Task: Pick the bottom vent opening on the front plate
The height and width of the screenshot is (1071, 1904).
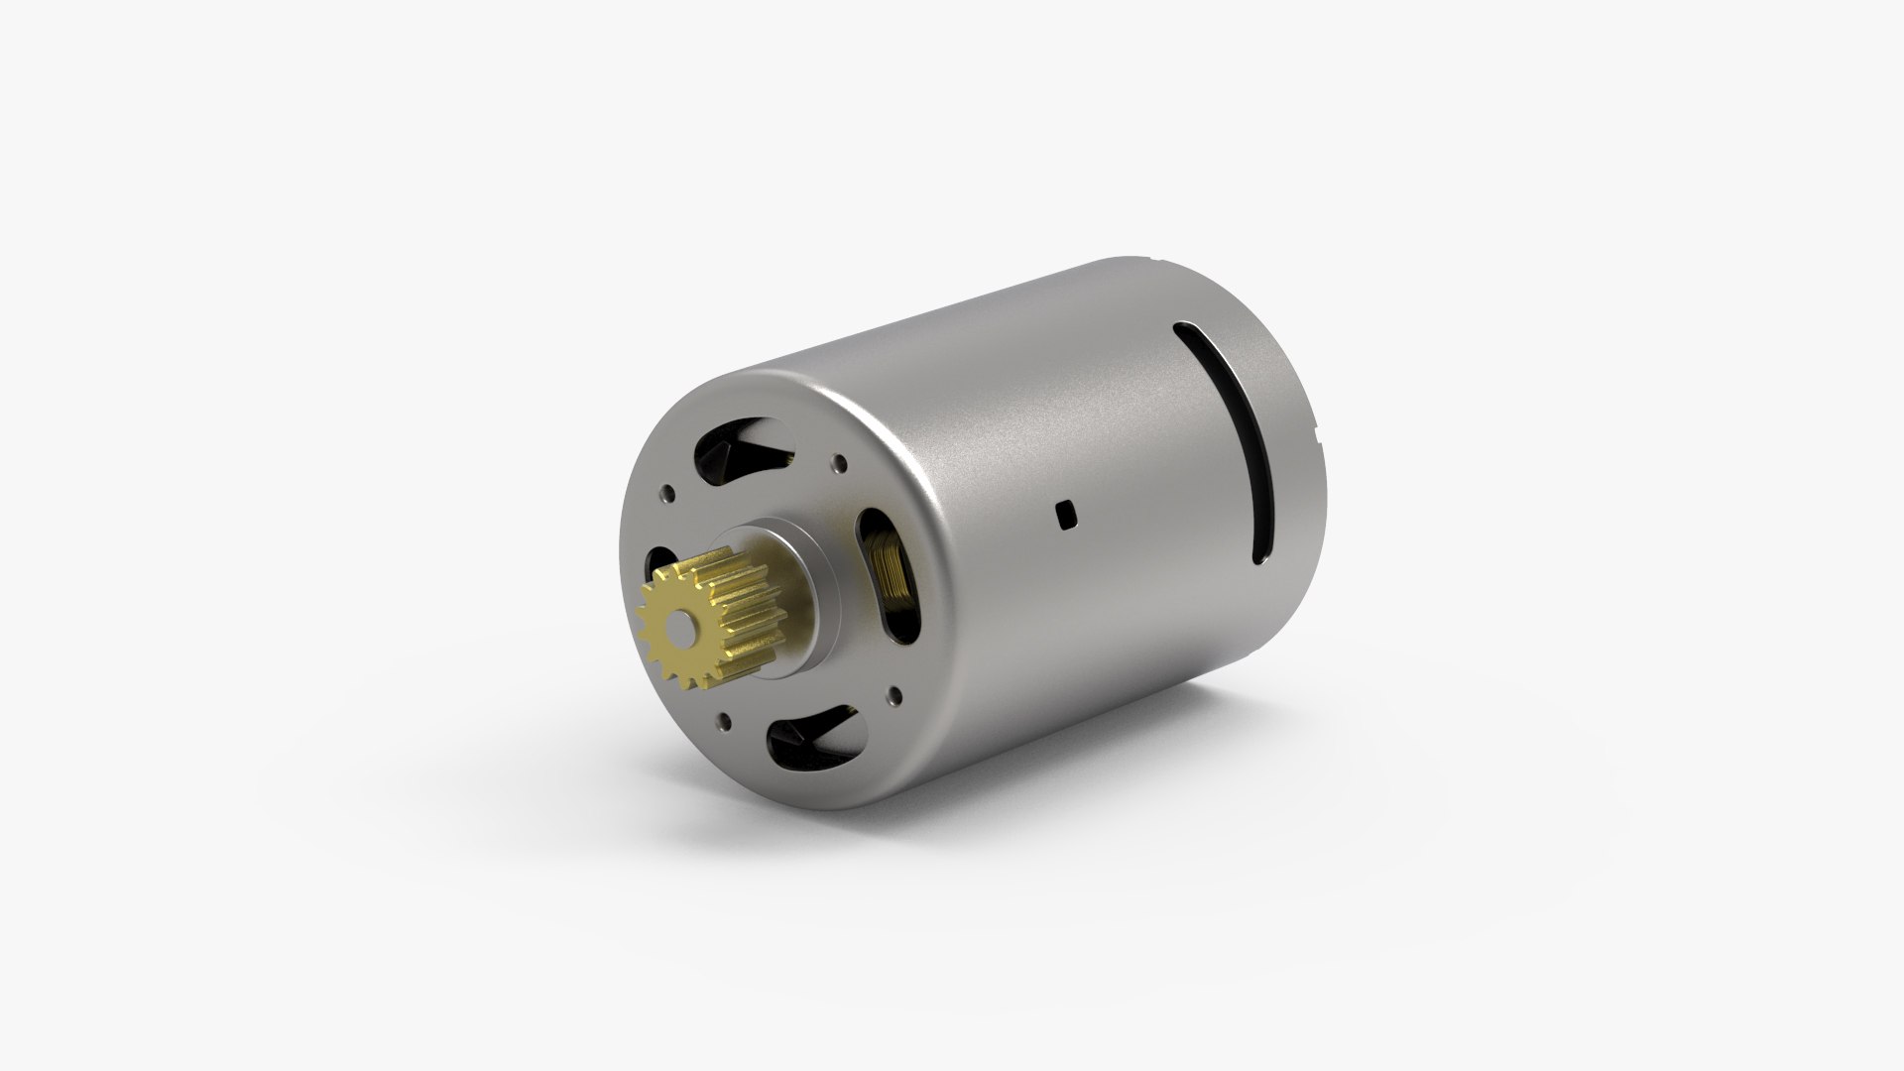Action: [818, 739]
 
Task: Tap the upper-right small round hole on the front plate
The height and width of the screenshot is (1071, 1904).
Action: [841, 462]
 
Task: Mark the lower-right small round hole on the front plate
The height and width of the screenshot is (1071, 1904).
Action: [897, 694]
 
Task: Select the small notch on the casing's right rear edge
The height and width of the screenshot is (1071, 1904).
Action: [1313, 459]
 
